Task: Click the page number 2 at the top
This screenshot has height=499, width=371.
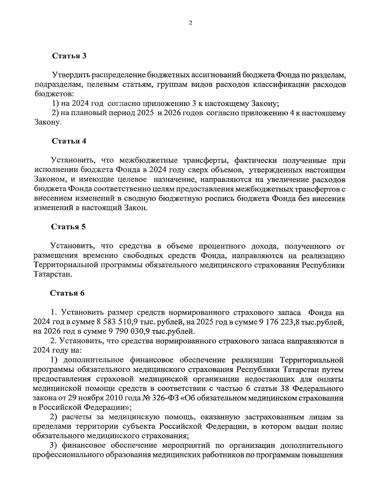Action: pos(190,23)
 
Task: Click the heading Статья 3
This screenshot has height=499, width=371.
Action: pos(69,56)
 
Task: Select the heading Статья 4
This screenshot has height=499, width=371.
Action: pos(69,141)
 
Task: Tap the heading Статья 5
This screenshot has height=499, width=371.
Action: pos(69,227)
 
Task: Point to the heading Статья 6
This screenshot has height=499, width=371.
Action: pos(67,293)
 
